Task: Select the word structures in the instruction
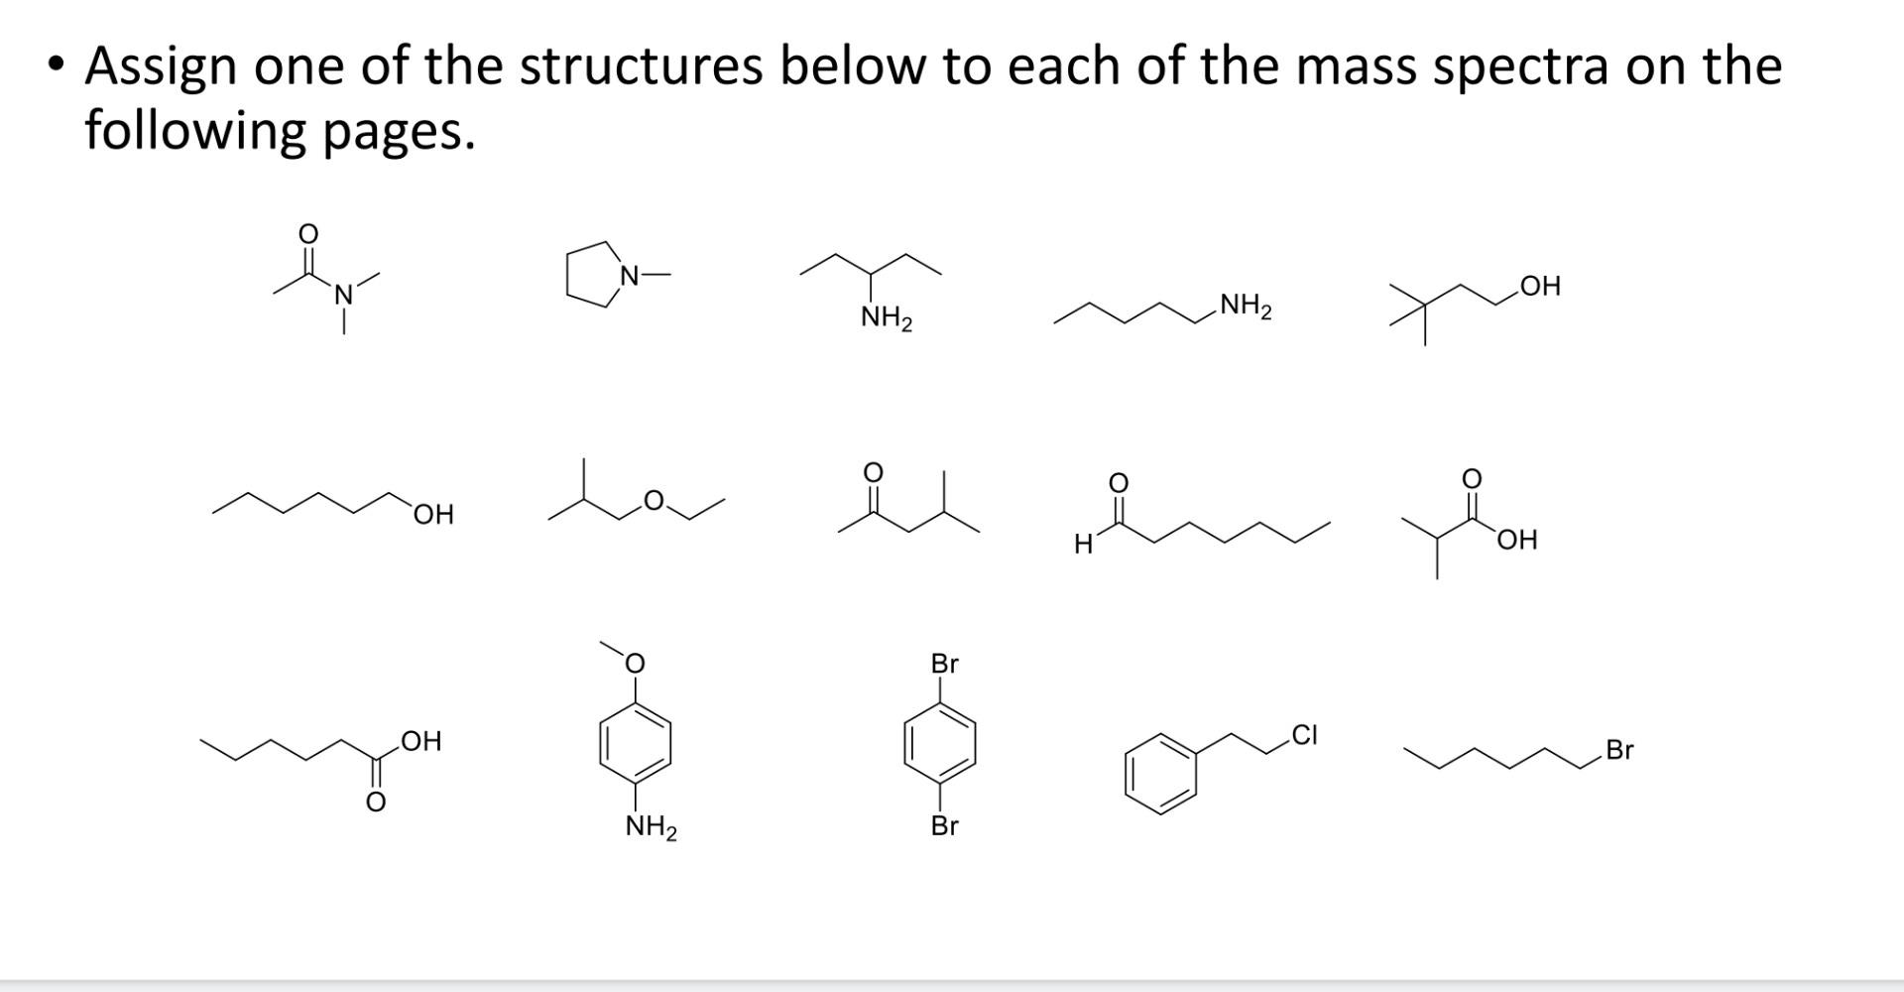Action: (641, 67)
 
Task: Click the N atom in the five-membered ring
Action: (628, 275)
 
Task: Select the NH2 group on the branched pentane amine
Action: (886, 318)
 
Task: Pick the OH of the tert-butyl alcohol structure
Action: (1539, 287)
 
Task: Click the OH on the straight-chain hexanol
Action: (433, 514)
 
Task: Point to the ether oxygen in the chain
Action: (653, 501)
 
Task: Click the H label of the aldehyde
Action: (1084, 544)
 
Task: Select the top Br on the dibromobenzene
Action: (944, 663)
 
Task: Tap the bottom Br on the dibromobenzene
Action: (944, 825)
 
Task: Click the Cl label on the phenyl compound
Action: (1305, 735)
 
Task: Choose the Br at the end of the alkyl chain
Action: (1618, 750)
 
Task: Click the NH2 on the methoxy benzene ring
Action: (651, 826)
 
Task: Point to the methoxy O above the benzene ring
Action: (635, 663)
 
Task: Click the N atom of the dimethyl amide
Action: (343, 295)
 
